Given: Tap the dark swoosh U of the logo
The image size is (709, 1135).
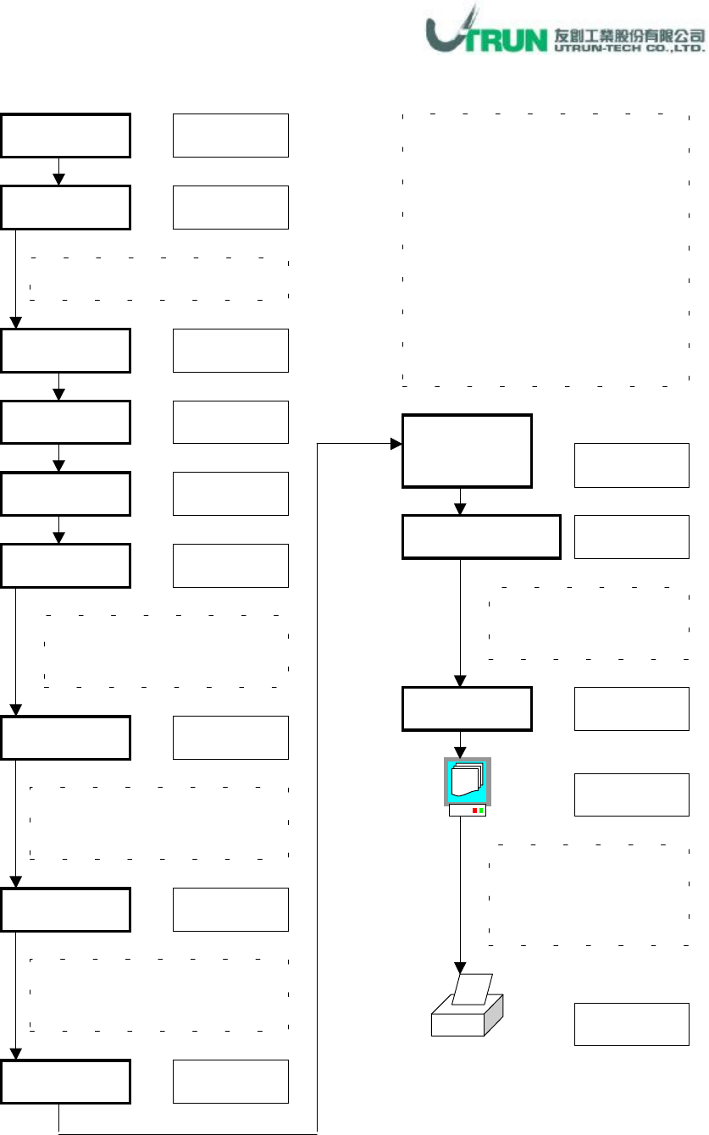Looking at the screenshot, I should [x=447, y=34].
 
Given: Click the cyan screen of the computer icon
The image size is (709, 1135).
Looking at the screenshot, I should [x=468, y=780].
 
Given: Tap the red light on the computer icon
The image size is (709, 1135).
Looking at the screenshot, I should [x=474, y=811].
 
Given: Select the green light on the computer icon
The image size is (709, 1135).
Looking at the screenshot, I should [x=481, y=811].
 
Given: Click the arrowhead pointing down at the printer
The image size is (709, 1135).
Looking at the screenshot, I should [x=461, y=967].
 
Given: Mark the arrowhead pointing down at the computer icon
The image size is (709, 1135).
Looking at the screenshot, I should [x=461, y=751].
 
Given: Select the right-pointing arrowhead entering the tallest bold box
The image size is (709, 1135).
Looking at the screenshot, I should [x=396, y=444].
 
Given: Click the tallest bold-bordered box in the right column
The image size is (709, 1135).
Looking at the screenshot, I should [x=467, y=451].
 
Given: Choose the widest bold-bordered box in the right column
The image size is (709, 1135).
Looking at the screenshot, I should [x=481, y=537].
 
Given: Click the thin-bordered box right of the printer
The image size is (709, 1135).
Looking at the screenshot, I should [x=632, y=1023].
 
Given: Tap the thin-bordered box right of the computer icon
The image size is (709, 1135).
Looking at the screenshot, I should [x=632, y=794].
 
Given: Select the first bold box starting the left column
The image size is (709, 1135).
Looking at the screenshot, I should [x=66, y=135].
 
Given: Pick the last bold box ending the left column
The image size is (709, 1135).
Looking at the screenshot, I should [x=66, y=1082].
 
